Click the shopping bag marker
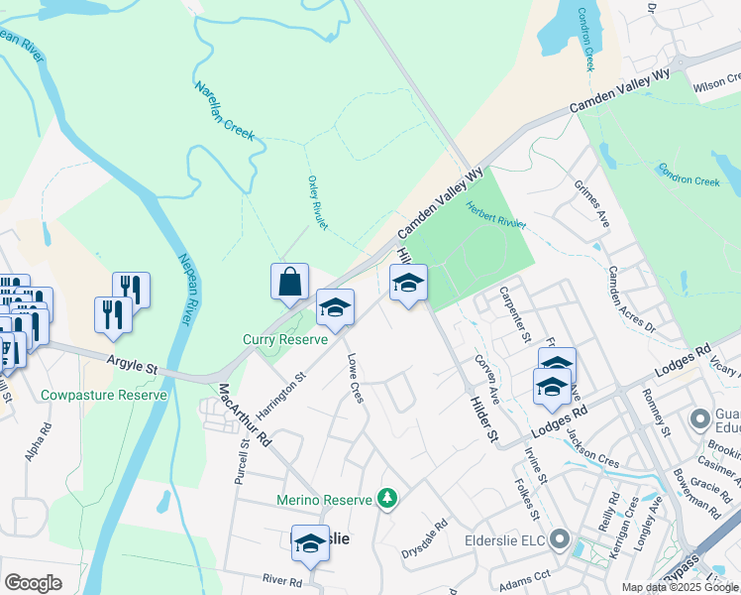289,283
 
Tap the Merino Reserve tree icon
389,499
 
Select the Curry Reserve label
285,339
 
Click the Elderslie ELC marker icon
561,540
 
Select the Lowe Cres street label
354,381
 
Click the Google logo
34,583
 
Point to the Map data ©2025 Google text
680,587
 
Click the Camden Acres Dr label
631,297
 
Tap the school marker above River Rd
310,543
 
